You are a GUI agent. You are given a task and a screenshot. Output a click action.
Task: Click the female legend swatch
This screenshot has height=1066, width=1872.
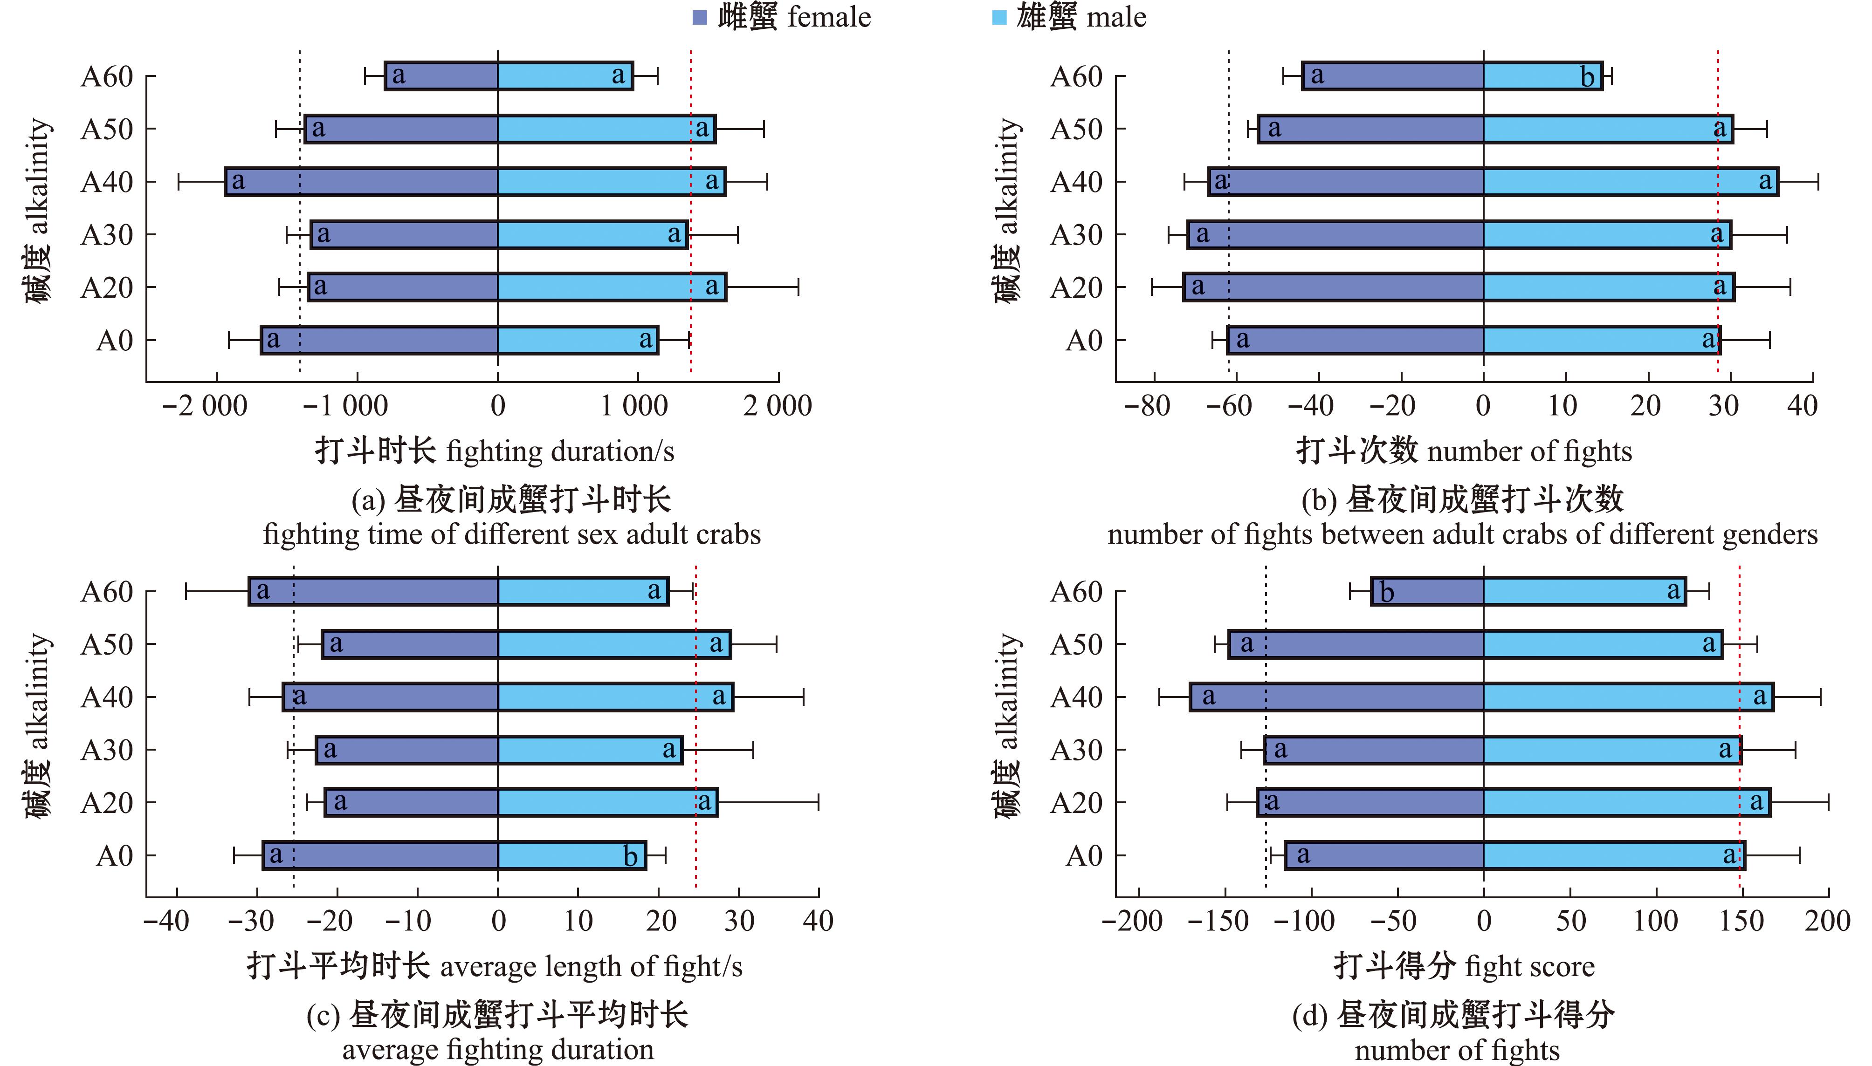pyautogui.click(x=700, y=18)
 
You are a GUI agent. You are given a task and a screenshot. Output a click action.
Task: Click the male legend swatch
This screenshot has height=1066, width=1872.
pyautogui.click(x=999, y=18)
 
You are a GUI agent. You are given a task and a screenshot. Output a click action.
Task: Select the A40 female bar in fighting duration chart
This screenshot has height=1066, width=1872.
pyautogui.click(x=362, y=182)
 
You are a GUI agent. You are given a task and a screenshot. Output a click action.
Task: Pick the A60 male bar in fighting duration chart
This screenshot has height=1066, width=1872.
pyautogui.click(x=564, y=76)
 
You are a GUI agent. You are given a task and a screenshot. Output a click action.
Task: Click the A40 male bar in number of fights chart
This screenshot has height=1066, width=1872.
pyautogui.click(x=1631, y=182)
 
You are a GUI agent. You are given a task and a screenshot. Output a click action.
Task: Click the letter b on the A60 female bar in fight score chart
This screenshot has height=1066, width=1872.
pyautogui.click(x=1386, y=592)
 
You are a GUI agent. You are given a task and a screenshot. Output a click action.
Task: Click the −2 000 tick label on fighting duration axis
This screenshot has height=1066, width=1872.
pyautogui.click(x=205, y=406)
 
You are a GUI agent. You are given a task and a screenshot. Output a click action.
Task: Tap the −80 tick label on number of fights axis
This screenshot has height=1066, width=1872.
pyautogui.click(x=1148, y=406)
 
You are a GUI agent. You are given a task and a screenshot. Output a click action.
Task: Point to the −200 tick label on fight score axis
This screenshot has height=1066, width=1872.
pyautogui.click(x=1132, y=921)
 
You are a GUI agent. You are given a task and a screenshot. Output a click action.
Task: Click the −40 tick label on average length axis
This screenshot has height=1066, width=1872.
pyautogui.click(x=167, y=921)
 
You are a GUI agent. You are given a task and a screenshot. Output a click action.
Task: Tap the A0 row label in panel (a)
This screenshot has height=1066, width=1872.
pyautogui.click(x=115, y=341)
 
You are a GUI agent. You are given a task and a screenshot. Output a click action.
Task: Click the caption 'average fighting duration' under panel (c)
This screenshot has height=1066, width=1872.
pyautogui.click(x=498, y=1050)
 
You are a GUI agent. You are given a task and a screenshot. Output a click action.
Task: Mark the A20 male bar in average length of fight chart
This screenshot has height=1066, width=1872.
pyautogui.click(x=608, y=802)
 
